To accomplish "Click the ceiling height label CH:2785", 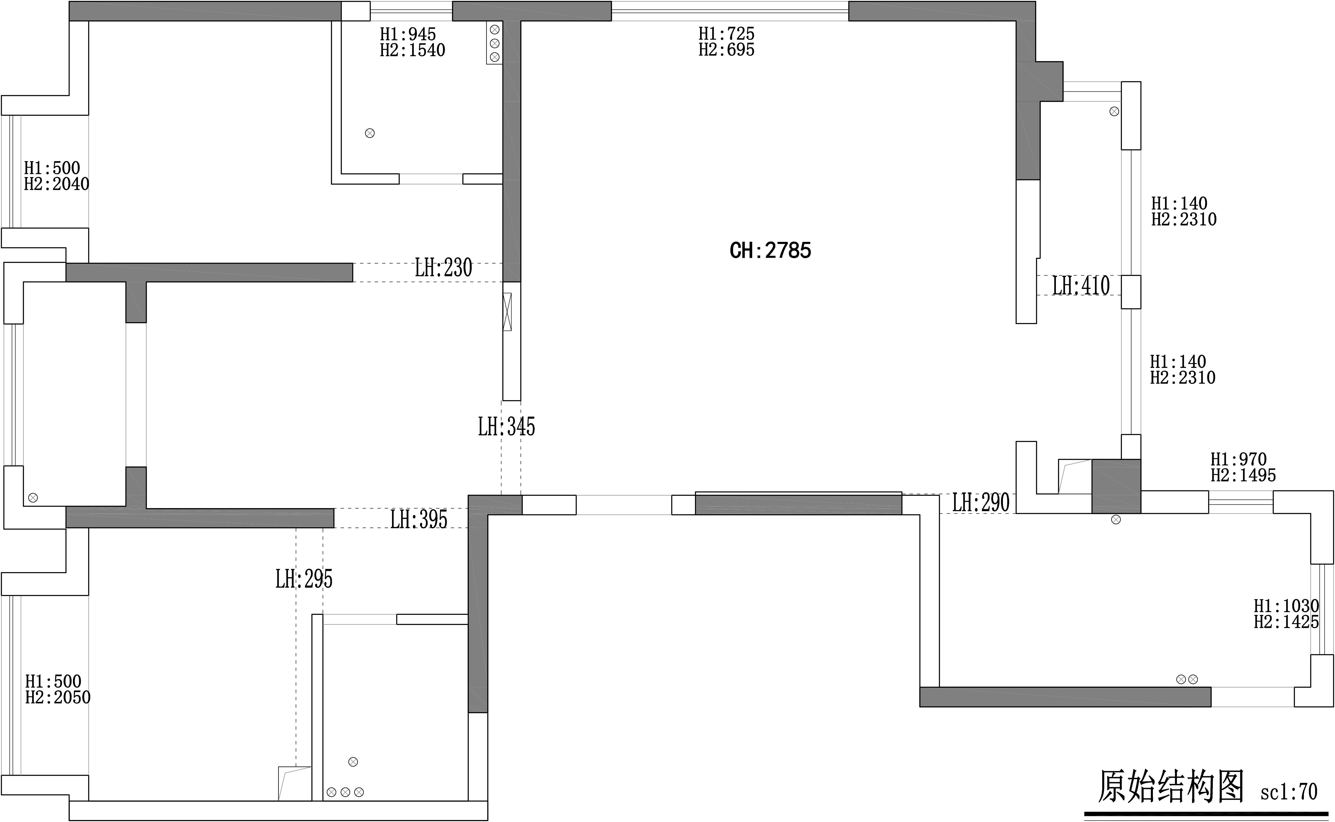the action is (770, 251).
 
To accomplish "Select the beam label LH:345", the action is (506, 427).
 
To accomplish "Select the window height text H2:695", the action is (726, 50).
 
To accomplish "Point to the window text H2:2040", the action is (56, 184).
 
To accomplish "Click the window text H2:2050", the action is (58, 698).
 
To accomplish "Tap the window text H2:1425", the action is (1287, 622).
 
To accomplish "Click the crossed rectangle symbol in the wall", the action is (507, 312).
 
